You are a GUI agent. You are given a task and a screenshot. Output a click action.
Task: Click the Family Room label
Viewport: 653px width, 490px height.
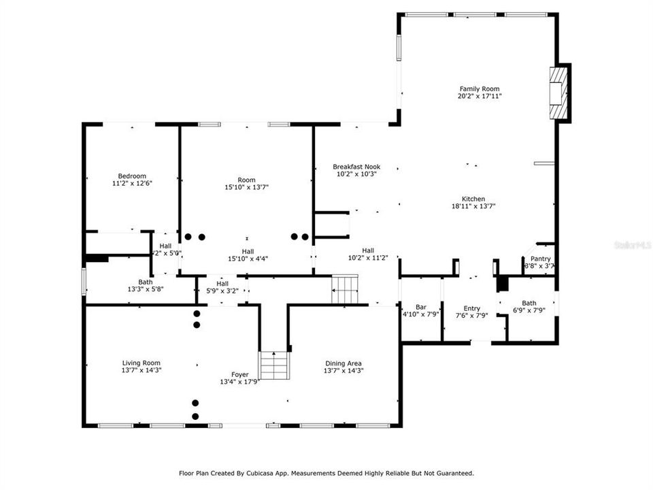[480, 88]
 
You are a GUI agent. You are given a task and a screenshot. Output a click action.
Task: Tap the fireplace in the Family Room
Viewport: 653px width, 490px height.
[558, 93]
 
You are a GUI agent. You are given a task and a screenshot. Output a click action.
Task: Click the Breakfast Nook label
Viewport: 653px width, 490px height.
[356, 166]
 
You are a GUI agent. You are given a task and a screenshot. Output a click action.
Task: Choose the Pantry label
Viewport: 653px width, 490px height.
[541, 259]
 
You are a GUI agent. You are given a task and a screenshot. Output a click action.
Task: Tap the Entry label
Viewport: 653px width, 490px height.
[472, 308]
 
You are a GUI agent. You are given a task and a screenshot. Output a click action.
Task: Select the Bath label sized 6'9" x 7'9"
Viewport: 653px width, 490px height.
[529, 303]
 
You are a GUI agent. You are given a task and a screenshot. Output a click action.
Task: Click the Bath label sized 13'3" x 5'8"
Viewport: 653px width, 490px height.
[146, 282]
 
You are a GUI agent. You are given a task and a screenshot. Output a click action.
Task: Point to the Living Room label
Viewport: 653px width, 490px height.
[141, 363]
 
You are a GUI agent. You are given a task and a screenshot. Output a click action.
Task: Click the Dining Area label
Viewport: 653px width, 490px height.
[344, 363]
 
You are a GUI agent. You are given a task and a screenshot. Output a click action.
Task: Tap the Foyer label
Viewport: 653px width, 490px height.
[239, 374]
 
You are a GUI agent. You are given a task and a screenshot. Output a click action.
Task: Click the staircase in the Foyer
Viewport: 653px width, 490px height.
[274, 365]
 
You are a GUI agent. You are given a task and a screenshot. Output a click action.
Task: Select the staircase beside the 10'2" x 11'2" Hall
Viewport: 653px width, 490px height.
[345, 289]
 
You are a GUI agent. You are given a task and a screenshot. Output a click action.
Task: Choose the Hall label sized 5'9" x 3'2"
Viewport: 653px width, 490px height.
[222, 284]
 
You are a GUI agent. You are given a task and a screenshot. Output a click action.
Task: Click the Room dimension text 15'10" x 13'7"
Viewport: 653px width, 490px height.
[246, 187]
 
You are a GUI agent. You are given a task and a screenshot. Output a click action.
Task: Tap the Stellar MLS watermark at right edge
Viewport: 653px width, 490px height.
[632, 243]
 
